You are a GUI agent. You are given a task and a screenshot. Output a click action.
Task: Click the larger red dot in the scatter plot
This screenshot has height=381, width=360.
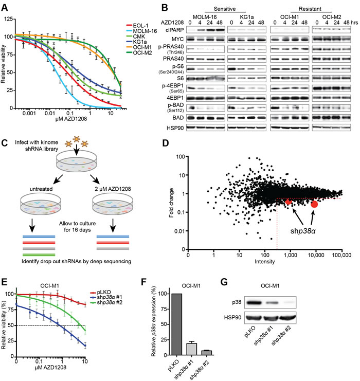point(314,204)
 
